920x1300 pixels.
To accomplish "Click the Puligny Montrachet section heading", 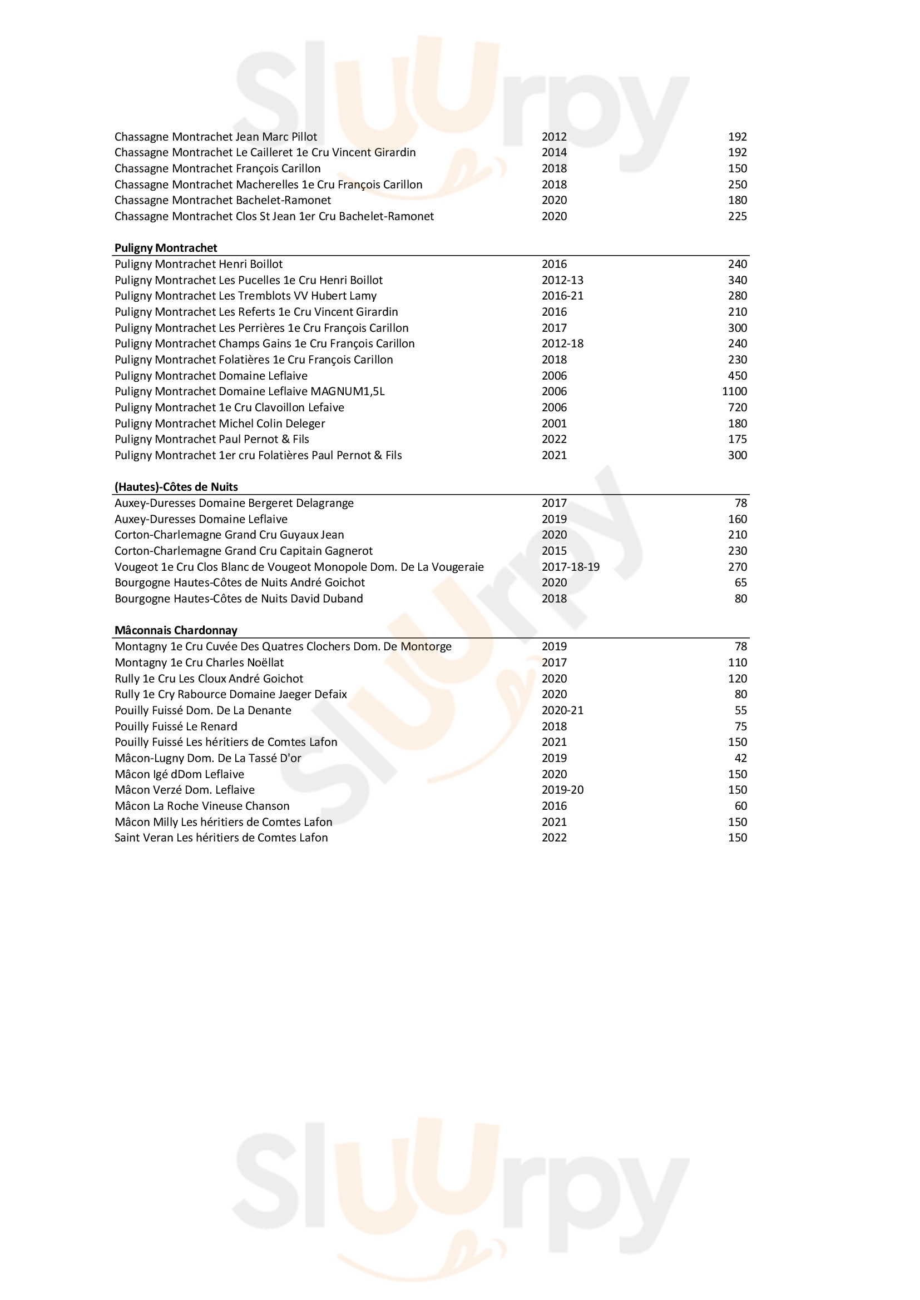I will coord(165,248).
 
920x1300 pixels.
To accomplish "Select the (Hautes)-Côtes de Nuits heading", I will coord(176,487).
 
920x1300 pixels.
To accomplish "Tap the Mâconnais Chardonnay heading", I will coord(176,630).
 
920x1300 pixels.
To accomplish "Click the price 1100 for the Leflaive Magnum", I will coord(734,391).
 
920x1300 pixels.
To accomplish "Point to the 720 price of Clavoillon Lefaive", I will coord(737,407).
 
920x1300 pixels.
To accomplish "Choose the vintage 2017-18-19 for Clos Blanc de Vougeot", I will coord(570,567).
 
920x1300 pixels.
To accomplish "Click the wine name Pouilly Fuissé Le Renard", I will coord(176,726).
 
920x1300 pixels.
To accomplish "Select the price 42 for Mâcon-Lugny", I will coord(740,758).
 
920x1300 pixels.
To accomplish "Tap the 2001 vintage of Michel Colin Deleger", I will coord(553,424).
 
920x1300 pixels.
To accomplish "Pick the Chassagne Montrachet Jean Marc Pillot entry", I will coord(215,137).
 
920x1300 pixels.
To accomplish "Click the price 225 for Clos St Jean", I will coord(737,216).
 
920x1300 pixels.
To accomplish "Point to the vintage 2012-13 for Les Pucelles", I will coord(562,280).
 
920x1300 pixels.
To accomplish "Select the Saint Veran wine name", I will coord(221,838).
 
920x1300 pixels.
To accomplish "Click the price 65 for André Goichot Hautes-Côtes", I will coord(740,582).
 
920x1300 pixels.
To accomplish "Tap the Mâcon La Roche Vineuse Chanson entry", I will coord(202,806).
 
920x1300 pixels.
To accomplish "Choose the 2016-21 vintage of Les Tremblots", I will coord(562,296).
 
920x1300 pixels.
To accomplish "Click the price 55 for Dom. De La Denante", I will coord(740,711).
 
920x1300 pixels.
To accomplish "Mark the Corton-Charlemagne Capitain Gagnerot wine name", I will coord(244,551).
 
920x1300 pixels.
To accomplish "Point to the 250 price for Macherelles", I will coord(737,185).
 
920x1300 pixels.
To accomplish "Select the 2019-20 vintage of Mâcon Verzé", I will coord(562,790).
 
